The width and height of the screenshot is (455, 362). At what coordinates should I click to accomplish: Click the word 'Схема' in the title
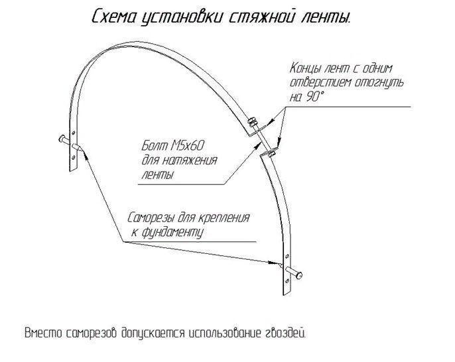(x=114, y=17)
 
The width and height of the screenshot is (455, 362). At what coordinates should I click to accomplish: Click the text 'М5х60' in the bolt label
(x=187, y=146)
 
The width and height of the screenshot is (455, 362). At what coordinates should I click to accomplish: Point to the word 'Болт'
(x=155, y=146)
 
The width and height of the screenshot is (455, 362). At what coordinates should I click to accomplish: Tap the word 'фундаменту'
(x=172, y=233)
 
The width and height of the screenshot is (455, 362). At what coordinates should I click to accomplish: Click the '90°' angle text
(x=314, y=97)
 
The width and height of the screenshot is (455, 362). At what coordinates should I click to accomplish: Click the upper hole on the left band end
(x=73, y=133)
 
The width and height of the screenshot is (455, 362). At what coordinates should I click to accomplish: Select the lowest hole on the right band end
(x=287, y=280)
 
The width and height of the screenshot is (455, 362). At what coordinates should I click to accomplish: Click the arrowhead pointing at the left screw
(x=86, y=154)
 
